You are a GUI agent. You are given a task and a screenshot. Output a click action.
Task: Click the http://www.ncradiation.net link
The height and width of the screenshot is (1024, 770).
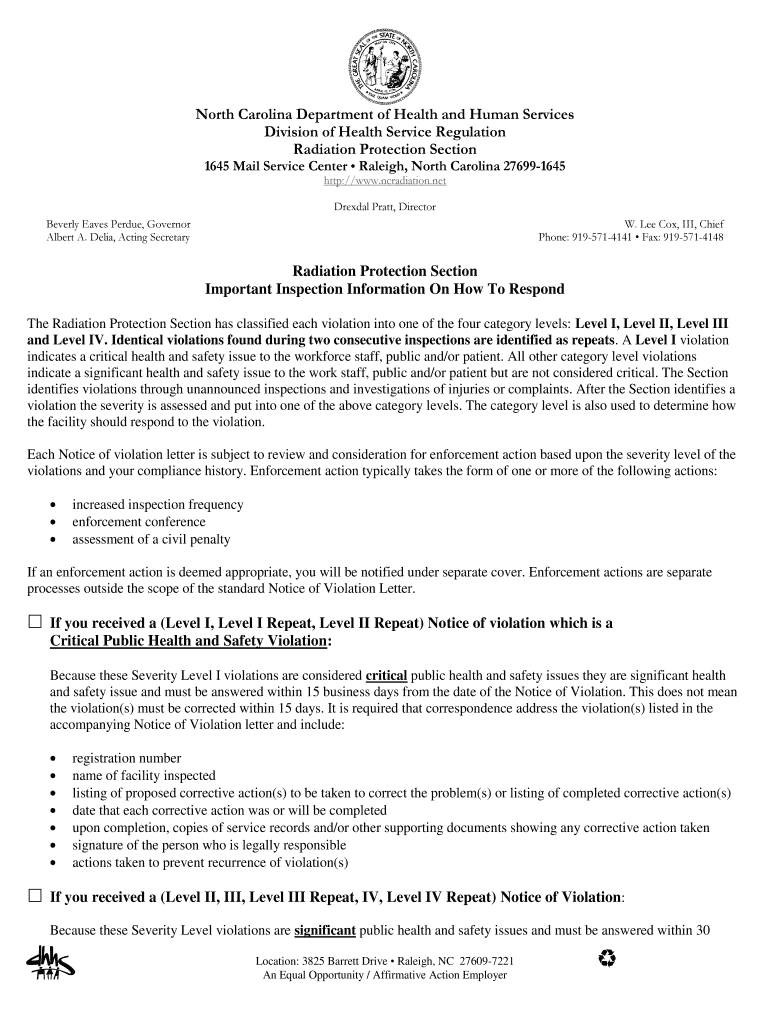coord(384,181)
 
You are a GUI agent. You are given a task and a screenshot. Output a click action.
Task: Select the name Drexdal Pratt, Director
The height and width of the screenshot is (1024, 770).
coord(384,207)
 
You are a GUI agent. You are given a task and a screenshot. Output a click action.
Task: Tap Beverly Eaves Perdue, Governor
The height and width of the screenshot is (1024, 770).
coord(118,224)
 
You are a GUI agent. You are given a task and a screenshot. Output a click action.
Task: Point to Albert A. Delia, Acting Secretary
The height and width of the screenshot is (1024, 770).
coord(118,238)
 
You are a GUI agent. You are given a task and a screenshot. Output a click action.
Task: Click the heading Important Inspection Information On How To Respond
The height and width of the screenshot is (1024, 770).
coord(384,290)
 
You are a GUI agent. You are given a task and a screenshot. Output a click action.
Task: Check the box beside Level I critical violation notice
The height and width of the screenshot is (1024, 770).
coord(34,623)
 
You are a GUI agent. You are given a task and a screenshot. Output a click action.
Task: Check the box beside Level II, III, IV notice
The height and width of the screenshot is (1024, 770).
coord(34,896)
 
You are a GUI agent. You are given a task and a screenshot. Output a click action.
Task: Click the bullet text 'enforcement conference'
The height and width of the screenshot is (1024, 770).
coord(138,522)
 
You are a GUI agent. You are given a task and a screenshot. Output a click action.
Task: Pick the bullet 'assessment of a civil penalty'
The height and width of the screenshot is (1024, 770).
coord(151,540)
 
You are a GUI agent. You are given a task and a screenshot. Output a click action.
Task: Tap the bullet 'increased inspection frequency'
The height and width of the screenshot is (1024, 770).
coord(157,505)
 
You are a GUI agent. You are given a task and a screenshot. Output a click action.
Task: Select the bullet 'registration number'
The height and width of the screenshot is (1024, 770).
coord(126,758)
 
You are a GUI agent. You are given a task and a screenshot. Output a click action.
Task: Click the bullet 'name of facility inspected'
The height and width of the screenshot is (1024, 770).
coord(143,775)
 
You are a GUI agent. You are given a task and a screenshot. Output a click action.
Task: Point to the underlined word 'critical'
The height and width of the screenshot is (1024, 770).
coord(387,676)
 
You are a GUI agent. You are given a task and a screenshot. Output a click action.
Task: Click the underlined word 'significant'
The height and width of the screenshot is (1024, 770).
coord(325,930)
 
